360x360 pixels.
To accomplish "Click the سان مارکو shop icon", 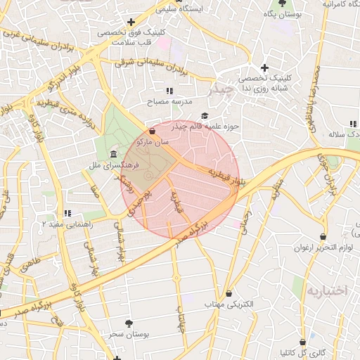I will point(153,131).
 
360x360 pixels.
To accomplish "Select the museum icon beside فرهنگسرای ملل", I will point(113,155).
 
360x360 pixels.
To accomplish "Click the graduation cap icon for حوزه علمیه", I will point(205,116).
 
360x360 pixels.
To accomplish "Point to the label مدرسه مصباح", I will point(169,101).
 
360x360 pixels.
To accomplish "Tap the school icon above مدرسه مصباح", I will point(169,91).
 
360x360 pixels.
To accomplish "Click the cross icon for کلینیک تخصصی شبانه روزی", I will point(264,67).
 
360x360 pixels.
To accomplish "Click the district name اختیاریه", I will point(328,290).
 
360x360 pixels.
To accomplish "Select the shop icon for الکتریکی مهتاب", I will point(229,293).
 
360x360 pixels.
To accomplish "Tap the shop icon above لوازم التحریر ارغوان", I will point(323,236).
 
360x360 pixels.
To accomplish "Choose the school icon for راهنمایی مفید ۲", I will point(67,213).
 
